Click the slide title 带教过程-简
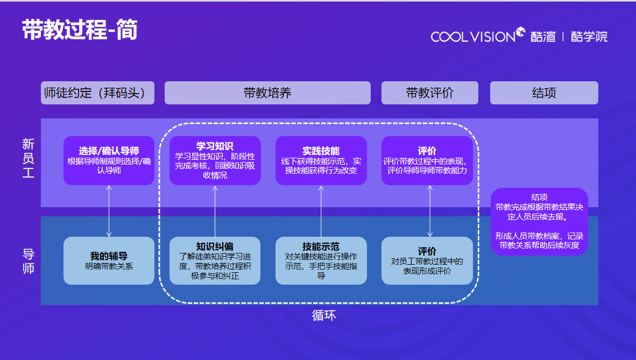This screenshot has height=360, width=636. (80, 30)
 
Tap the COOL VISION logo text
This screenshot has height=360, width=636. (473, 37)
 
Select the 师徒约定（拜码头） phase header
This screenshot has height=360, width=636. (97, 93)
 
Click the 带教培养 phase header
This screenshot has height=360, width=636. (267, 93)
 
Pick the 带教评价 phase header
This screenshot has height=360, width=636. (429, 93)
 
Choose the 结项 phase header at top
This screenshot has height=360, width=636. (543, 93)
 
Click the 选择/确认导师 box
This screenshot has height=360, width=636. (109, 160)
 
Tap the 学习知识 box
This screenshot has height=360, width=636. (215, 160)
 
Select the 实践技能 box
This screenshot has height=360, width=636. (321, 160)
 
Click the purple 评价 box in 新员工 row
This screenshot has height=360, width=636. (427, 160)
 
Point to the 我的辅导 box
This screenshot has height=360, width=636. (109, 260)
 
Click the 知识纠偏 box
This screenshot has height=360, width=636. (215, 260)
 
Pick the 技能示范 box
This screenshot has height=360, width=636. (321, 260)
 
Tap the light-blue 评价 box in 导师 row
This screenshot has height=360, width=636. (427, 260)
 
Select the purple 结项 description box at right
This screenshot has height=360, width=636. (539, 221)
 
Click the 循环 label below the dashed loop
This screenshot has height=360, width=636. (324, 315)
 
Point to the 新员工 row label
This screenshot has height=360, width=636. (29, 159)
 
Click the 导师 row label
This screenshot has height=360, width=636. (29, 261)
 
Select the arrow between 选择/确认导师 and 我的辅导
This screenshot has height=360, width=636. (109, 211)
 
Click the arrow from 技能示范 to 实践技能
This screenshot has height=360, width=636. (321, 211)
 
